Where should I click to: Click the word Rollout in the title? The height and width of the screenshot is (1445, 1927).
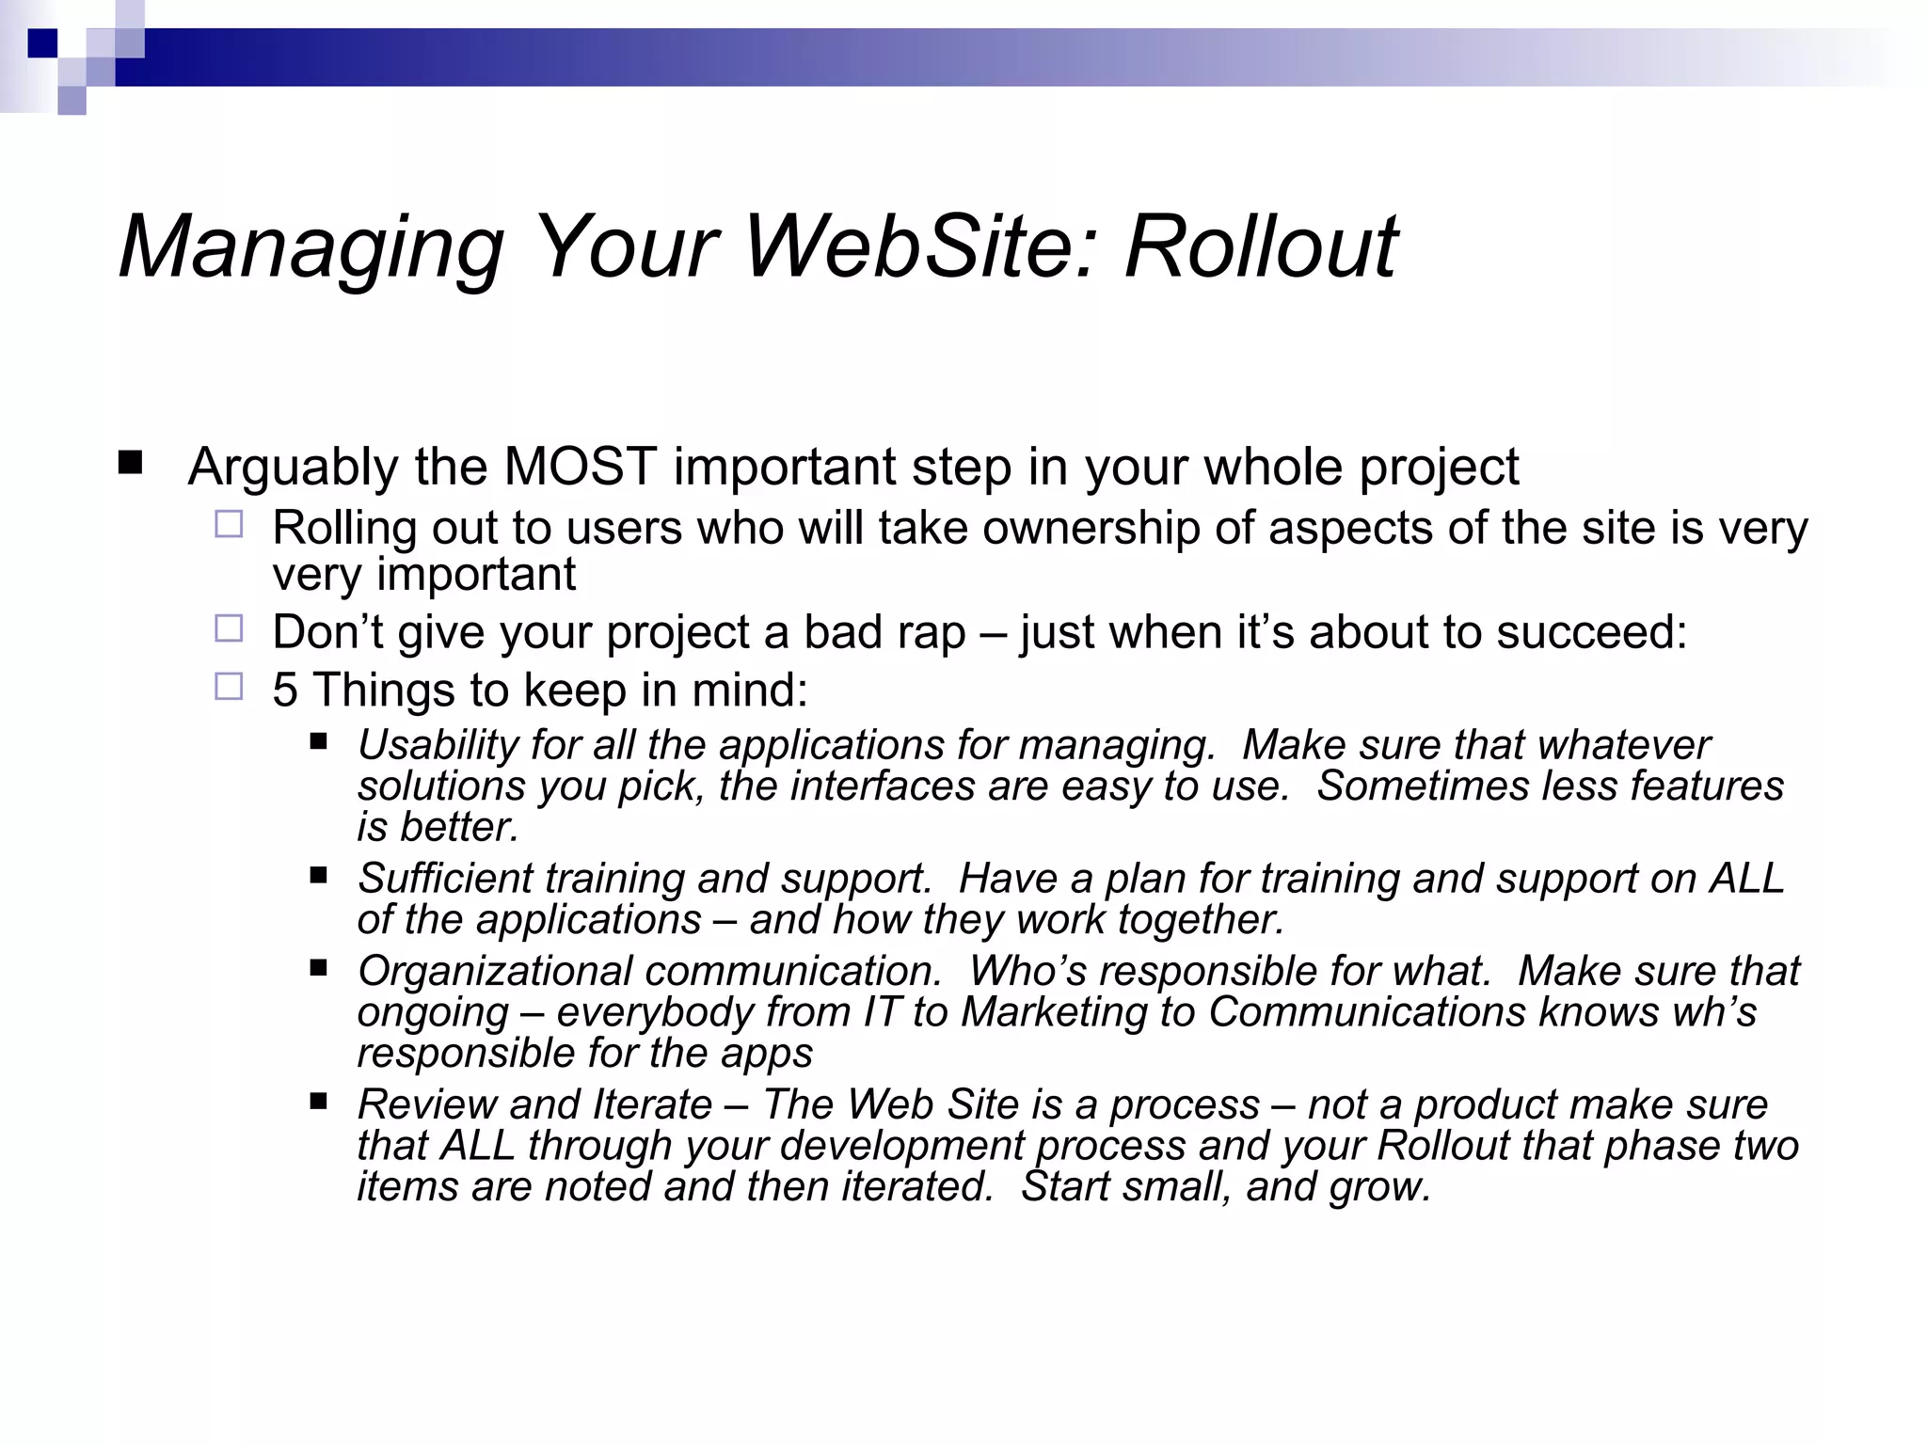[1261, 246]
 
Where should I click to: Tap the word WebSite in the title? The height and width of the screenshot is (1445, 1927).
[922, 246]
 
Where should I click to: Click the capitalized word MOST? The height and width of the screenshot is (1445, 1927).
[580, 467]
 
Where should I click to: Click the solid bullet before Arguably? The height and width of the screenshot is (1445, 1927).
[130, 463]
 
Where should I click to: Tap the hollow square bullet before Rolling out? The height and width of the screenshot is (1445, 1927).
[229, 524]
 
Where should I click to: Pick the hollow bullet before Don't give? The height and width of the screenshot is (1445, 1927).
[229, 628]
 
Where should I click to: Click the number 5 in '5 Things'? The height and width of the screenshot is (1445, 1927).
[285, 690]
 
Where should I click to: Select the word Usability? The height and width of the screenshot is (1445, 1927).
[437, 745]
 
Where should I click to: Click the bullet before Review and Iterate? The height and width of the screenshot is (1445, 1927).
[318, 1100]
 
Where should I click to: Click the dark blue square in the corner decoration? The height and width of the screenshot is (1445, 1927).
[43, 43]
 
